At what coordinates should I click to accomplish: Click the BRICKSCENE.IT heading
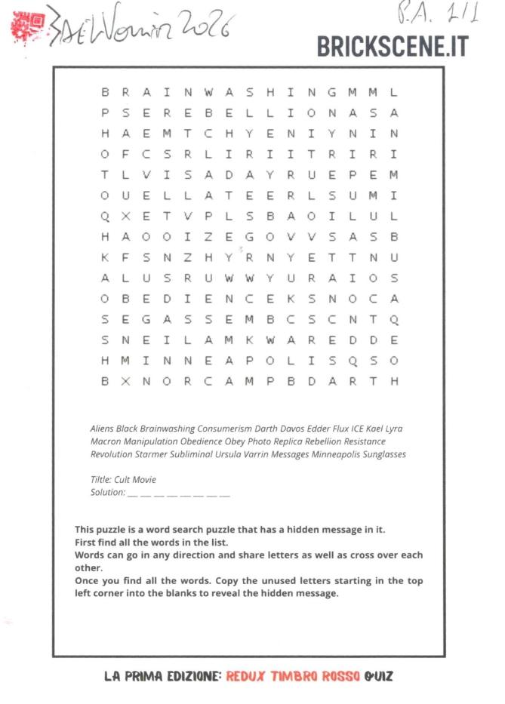[x=393, y=47]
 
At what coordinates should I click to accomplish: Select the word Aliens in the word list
[x=102, y=429]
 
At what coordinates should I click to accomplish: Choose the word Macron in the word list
[x=104, y=441]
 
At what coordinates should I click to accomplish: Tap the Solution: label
[x=107, y=492]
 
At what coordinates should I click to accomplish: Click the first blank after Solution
[x=133, y=495]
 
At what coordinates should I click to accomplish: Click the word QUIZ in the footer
[x=377, y=676]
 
